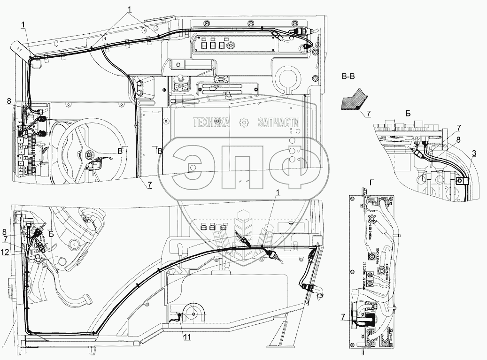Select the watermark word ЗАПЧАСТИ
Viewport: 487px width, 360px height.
[279, 123]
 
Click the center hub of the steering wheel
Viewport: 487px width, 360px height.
[89, 153]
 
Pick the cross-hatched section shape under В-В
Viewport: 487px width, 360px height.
[354, 99]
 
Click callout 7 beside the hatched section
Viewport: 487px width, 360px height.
[368, 113]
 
